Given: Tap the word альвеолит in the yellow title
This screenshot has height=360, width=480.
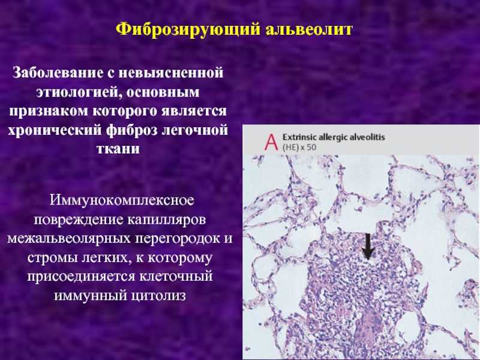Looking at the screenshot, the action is (x=309, y=29).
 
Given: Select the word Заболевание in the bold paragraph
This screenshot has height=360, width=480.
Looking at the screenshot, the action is (x=58, y=73).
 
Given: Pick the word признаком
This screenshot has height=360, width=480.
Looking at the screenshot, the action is (x=49, y=111).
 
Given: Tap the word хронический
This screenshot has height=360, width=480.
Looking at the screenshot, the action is (x=55, y=130).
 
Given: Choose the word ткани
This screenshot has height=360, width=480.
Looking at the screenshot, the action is (x=118, y=148).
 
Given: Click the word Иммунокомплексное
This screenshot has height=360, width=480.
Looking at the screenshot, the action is (x=122, y=200).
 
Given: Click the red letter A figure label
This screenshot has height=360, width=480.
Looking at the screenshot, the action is (x=271, y=142).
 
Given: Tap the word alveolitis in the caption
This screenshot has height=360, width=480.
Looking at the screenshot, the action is (x=367, y=137).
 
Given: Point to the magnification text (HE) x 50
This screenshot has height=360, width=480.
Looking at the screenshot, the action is (x=299, y=147).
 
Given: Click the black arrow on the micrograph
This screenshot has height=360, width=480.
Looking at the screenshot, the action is (x=368, y=247).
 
